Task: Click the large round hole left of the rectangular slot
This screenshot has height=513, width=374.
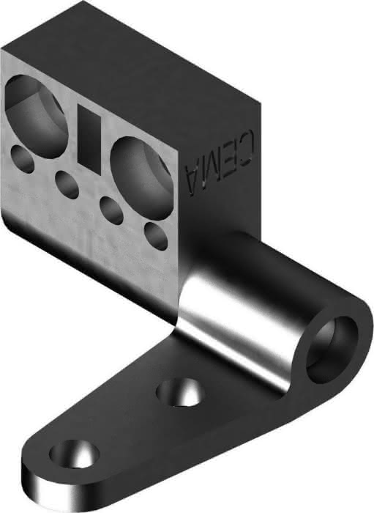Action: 36,116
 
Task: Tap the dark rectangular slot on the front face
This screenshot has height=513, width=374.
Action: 89,140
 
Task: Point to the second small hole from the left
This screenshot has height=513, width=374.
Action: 67,185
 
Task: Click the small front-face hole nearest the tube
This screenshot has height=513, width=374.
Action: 156,235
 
